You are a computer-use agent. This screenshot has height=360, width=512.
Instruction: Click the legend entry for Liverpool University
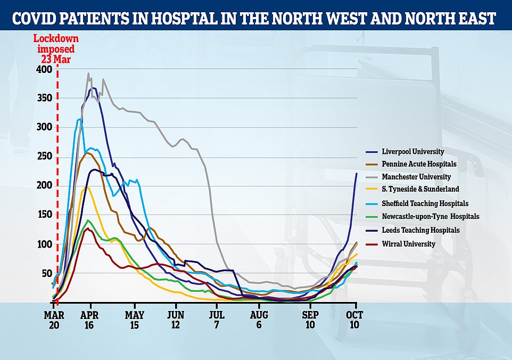[x=413, y=151]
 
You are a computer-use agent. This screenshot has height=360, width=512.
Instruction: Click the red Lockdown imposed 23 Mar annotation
[x=56, y=47]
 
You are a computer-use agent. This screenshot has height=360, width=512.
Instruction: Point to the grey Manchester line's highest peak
[x=88, y=73]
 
